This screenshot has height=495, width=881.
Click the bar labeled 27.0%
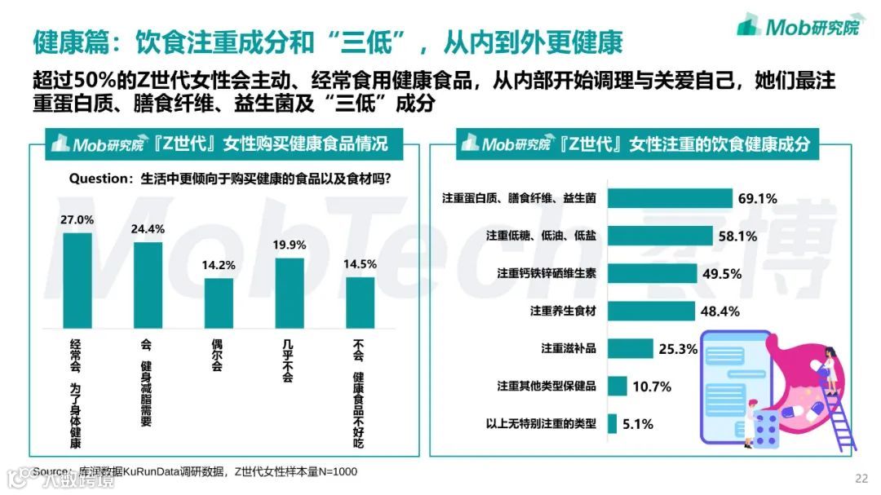78,280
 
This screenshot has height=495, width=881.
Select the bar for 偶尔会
219,303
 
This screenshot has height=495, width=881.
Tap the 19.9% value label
290,245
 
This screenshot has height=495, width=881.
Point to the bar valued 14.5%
360,303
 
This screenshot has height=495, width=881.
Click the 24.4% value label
148,228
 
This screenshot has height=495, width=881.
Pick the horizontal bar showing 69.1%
669,197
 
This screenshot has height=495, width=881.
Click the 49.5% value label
722,274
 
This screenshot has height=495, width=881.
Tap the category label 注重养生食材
563,311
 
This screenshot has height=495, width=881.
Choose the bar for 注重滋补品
631,348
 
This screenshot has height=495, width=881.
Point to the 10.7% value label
651,387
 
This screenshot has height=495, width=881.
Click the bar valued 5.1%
613,424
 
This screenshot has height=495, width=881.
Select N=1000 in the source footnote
335,471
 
